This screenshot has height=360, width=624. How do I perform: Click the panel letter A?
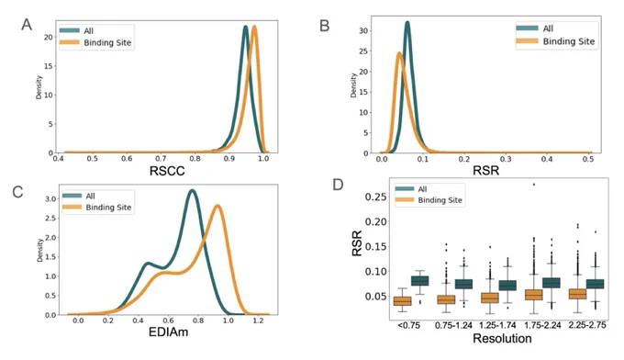(27, 25)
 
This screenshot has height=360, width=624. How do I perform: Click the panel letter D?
(338, 185)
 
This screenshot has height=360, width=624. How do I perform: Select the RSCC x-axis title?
(167, 171)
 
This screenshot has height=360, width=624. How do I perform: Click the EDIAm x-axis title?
(168, 332)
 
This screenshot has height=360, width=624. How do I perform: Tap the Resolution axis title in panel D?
(502, 339)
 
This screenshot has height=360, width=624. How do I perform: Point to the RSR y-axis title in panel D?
(357, 243)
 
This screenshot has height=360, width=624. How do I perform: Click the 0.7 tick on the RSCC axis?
(161, 159)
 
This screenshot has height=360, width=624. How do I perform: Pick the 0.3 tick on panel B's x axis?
(506, 159)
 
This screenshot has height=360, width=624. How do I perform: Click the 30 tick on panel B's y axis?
(363, 30)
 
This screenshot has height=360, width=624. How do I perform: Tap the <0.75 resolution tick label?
(408, 325)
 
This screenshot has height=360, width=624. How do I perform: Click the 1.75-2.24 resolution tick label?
(542, 325)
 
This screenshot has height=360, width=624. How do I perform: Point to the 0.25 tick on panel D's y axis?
(376, 197)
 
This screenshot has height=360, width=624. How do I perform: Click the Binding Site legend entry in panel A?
(95, 42)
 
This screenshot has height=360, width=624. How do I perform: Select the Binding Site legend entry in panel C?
(97, 207)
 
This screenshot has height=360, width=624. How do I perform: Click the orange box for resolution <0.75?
(402, 301)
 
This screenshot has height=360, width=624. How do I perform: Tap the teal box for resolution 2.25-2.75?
(595, 284)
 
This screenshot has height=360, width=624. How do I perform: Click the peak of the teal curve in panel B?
(407, 22)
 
